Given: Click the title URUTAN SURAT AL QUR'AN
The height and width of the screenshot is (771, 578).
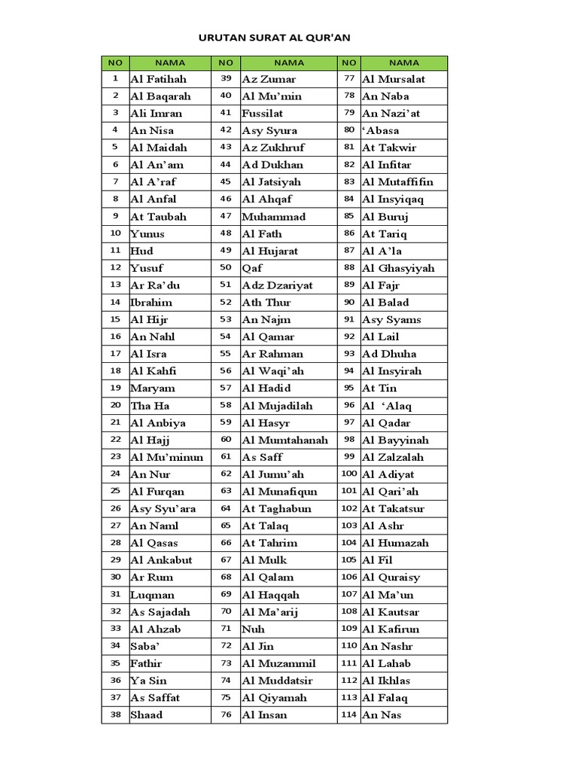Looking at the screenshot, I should (275, 36).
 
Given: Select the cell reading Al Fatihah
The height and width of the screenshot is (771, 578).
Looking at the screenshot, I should (158, 79).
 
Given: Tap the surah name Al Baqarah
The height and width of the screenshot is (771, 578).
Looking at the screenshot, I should (160, 96).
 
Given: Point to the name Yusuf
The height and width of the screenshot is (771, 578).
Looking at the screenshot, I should (147, 268).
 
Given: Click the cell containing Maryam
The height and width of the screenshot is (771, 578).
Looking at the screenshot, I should (153, 389).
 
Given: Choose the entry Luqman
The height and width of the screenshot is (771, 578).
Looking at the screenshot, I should (152, 595).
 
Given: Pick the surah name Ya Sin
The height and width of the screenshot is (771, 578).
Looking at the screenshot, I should (148, 681).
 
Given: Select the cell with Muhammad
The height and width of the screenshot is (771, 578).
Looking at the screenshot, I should (273, 217).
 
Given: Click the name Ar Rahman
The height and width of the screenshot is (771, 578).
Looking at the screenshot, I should (272, 354).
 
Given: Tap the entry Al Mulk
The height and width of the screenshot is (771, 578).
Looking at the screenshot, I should (264, 560).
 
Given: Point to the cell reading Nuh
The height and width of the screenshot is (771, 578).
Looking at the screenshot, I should (253, 629).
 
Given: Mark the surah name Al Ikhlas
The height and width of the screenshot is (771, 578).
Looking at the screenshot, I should (386, 681).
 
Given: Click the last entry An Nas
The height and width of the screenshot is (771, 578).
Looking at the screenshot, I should (382, 715).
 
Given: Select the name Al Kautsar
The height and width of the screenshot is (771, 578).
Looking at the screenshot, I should (391, 612).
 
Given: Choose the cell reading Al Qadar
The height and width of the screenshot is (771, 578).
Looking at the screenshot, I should (387, 423).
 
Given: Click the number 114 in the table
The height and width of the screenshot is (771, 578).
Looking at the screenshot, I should (348, 715).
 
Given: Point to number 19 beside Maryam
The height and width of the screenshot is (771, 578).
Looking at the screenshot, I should (115, 389).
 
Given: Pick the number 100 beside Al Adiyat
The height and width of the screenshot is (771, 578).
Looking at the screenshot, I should (348, 474).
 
